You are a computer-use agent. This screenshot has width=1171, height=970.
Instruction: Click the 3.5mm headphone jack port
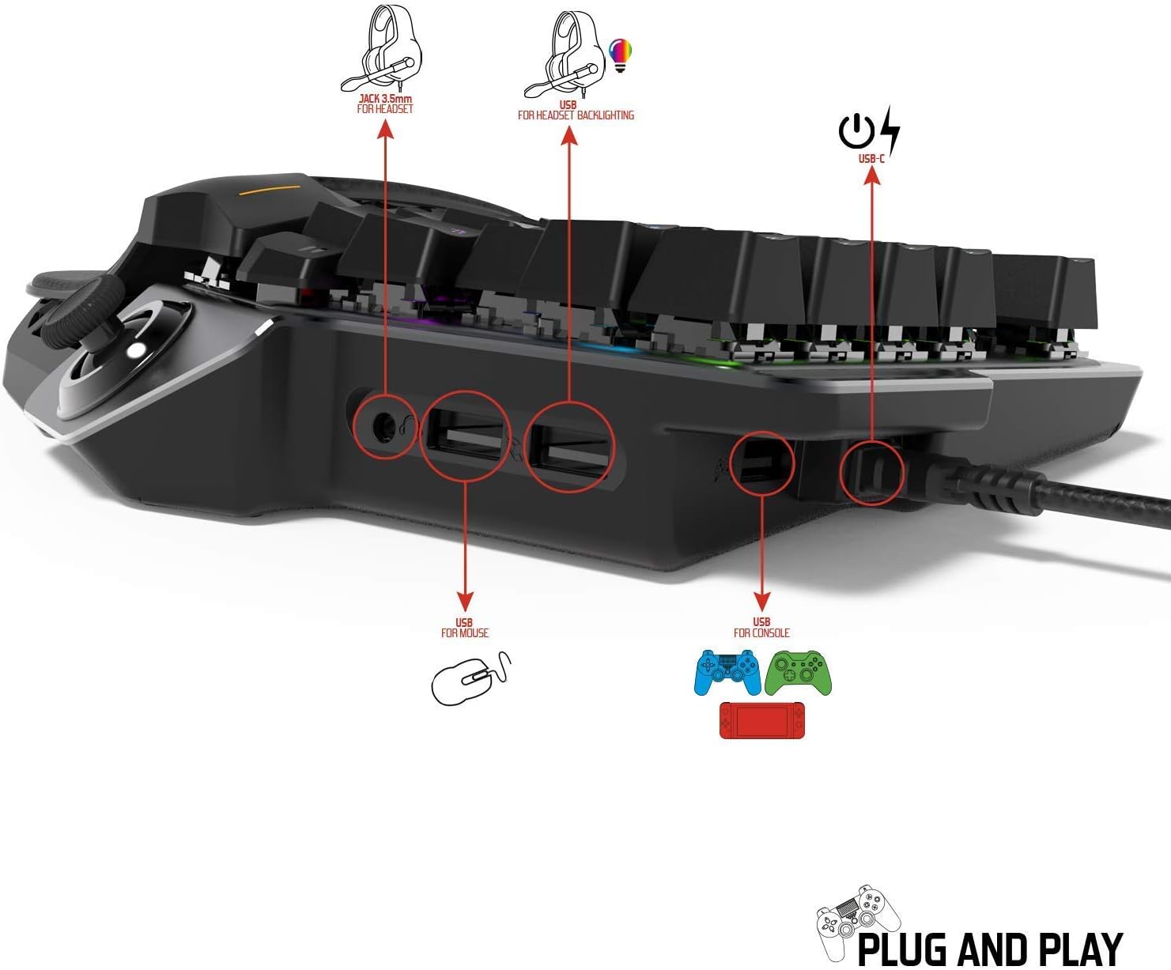click(x=383, y=427)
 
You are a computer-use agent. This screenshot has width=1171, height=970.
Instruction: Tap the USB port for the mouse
click(x=464, y=437)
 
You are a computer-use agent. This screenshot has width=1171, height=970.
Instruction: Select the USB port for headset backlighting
click(x=569, y=447)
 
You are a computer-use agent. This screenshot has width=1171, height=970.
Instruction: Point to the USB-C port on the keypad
click(x=871, y=472)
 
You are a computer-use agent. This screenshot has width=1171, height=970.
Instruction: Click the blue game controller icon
click(x=727, y=672)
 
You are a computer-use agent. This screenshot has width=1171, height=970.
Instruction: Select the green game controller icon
click(x=798, y=673)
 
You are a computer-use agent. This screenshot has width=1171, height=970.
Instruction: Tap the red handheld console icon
click(x=761, y=720)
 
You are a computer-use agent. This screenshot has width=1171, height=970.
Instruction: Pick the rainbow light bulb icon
click(x=620, y=55)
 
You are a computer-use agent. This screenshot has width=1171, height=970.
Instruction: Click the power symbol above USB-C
click(x=856, y=131)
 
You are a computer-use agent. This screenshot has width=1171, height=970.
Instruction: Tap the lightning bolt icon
click(x=890, y=131)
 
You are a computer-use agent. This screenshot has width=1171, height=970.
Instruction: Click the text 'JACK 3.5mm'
click(x=385, y=99)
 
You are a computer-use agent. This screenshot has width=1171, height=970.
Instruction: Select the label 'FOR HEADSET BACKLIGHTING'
click(x=576, y=115)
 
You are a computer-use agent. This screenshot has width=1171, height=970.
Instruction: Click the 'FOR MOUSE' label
click(x=465, y=633)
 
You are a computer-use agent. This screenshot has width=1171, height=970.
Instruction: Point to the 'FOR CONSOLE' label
click(x=761, y=633)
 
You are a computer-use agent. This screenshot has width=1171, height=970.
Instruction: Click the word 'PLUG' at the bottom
click(x=904, y=949)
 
